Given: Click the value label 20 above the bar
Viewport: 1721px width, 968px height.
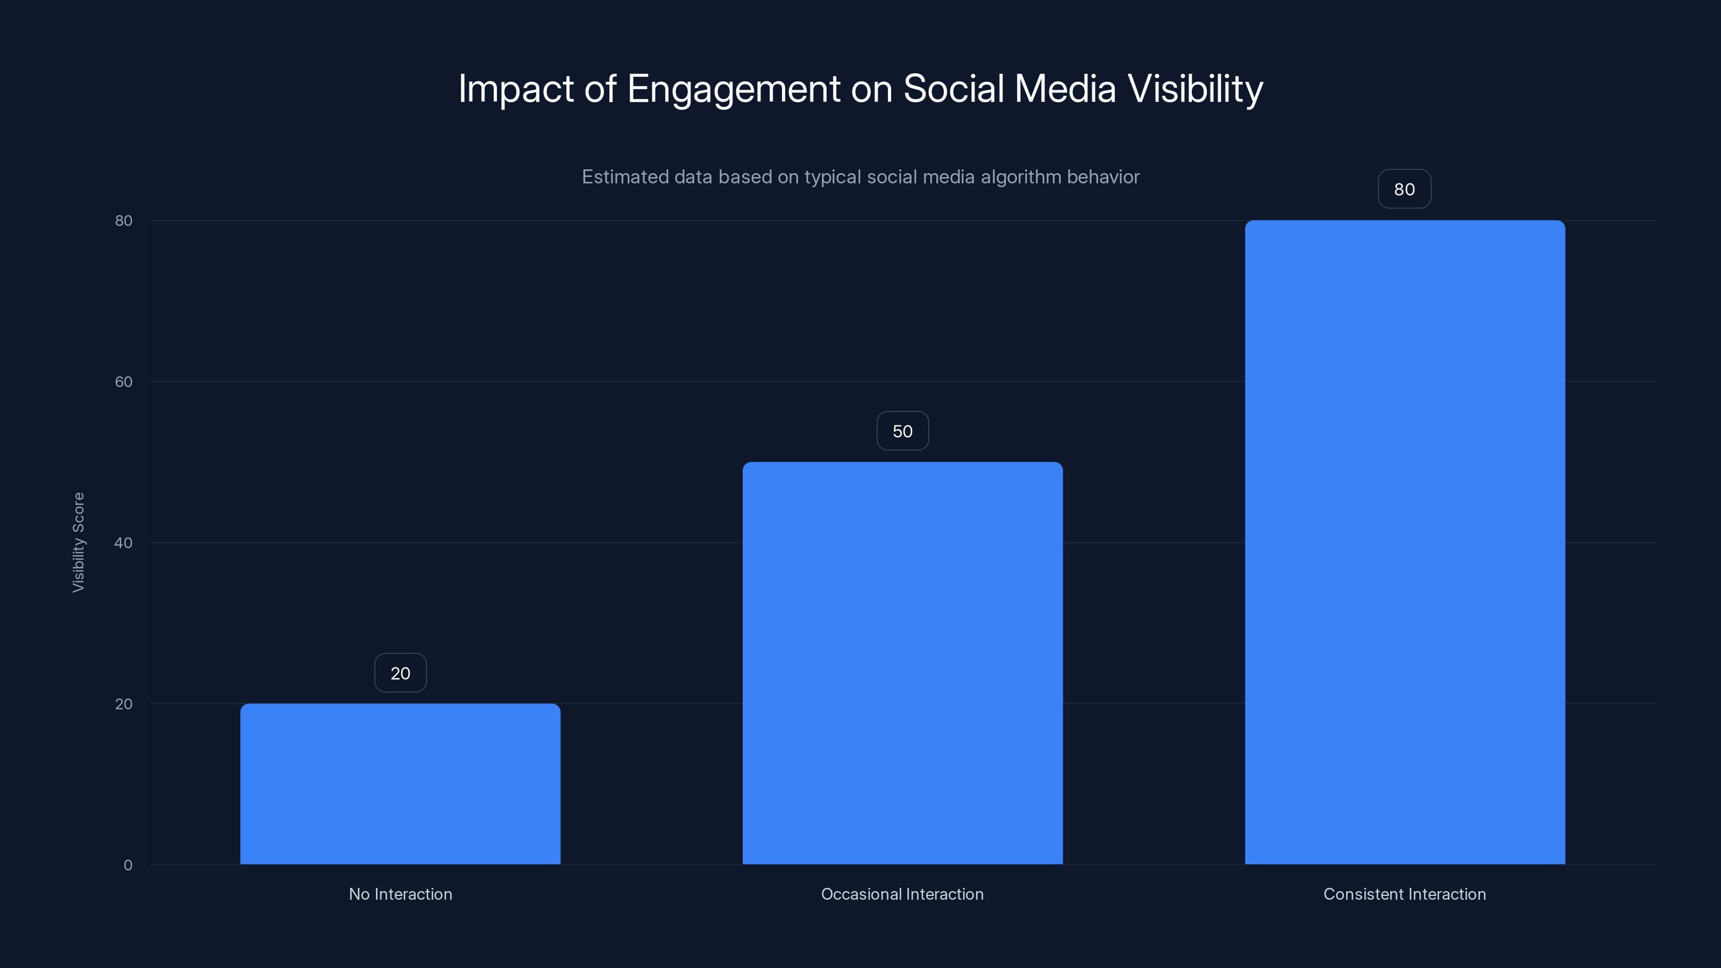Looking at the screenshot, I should [x=400, y=673].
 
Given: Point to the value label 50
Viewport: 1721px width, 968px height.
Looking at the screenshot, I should [x=902, y=431].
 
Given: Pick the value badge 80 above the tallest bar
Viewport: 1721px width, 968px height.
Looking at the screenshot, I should [x=1404, y=189].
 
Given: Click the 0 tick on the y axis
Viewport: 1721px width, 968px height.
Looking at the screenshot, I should [x=127, y=865].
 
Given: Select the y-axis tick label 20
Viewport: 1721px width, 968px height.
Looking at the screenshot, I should [x=124, y=704].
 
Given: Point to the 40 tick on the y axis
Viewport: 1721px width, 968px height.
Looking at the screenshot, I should [x=124, y=543].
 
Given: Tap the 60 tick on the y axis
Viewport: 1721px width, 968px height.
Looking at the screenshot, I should [x=124, y=381].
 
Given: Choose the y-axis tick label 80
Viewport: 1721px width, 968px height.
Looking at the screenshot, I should [x=124, y=220].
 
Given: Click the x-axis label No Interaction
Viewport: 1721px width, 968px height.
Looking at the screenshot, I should [x=400, y=894].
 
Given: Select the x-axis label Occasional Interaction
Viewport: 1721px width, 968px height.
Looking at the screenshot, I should [x=902, y=894].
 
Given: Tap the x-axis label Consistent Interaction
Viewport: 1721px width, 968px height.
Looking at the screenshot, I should [x=1404, y=894].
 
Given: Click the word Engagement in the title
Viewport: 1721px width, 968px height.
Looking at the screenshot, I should [x=733, y=89].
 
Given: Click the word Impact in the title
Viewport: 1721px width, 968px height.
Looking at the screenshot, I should [x=516, y=89].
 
